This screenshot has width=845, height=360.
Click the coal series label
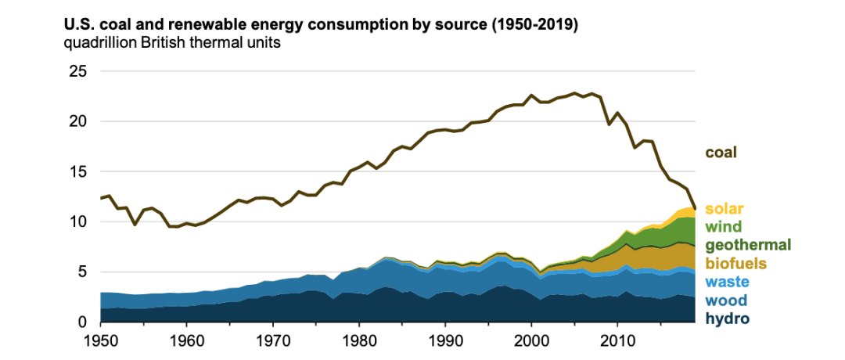click(x=721, y=153)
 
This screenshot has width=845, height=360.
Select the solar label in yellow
click(x=724, y=209)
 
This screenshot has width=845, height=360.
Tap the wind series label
click(x=723, y=227)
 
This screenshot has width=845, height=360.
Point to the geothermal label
click(x=748, y=246)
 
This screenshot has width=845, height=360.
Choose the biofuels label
click(x=737, y=264)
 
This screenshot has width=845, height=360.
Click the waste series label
click(x=727, y=282)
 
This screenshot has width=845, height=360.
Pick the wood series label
click(x=725, y=301)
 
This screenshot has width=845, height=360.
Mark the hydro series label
click(x=727, y=319)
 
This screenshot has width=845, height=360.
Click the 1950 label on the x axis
click(x=101, y=342)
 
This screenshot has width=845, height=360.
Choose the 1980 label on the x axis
click(x=359, y=342)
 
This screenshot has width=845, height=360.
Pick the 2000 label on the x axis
click(x=531, y=342)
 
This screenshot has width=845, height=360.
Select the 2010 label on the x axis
click(x=617, y=342)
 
